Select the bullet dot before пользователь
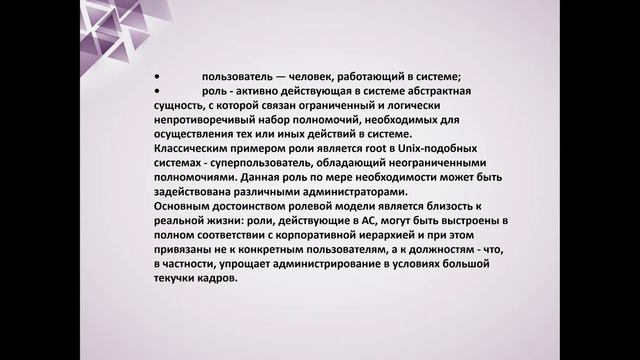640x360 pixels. coord(158,76)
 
